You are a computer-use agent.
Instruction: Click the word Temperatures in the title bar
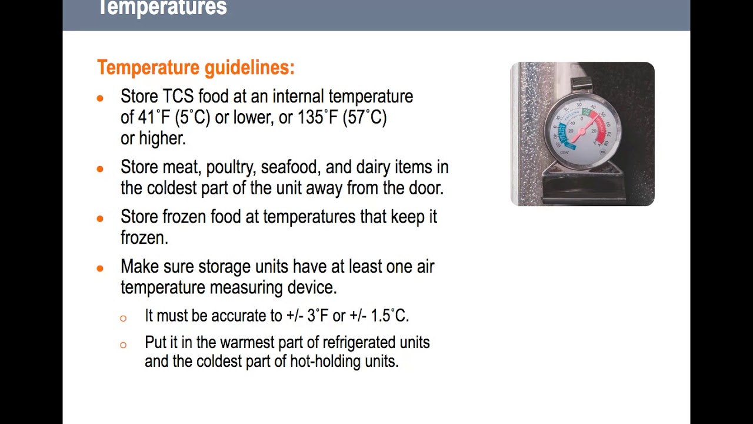tap(162, 8)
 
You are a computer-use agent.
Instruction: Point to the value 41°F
tap(154, 117)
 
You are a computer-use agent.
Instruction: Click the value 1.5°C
tap(389, 316)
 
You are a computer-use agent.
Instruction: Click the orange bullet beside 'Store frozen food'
tap(100, 218)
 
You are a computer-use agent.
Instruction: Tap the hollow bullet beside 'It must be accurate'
tap(123, 318)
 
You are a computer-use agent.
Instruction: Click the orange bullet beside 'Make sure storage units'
tap(100, 268)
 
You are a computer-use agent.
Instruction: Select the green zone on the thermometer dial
tap(586, 112)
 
